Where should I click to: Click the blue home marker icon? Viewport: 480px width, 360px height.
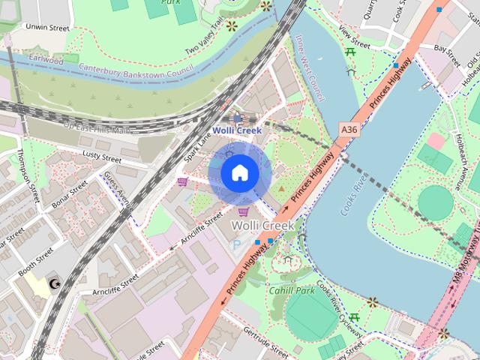point(239,173)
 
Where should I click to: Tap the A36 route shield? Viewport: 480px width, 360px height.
point(349,130)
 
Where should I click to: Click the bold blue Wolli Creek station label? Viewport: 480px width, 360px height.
point(236,130)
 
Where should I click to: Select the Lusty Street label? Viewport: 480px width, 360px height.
point(101,157)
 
